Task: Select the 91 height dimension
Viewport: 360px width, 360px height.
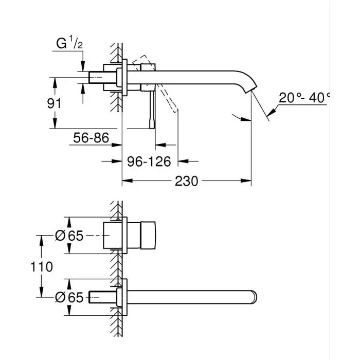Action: coord(53,103)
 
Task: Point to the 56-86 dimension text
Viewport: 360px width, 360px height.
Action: coord(91,138)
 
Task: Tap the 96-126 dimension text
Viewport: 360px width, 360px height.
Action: coord(149,161)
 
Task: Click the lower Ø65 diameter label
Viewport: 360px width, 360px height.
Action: coord(68,297)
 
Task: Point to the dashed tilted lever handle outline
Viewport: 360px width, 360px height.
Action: coord(170,98)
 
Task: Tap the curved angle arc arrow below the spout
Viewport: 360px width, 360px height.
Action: coord(238,116)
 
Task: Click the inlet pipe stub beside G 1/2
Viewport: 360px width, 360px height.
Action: coord(98,77)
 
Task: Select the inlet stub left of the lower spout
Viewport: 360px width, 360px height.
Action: coord(98,297)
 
